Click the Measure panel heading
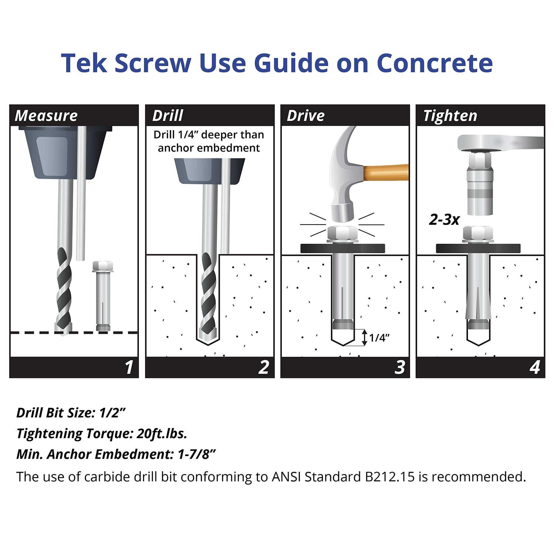[x=46, y=116]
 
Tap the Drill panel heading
[x=168, y=116]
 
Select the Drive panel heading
[x=306, y=116]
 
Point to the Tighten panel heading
[x=450, y=116]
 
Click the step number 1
[x=129, y=367]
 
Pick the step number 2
[x=264, y=367]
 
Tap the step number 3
[x=400, y=367]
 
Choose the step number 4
[x=535, y=367]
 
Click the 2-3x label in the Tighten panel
[x=444, y=220]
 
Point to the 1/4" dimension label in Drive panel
[x=379, y=338]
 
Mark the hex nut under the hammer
[x=342, y=234]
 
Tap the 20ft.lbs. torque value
[x=162, y=433]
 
